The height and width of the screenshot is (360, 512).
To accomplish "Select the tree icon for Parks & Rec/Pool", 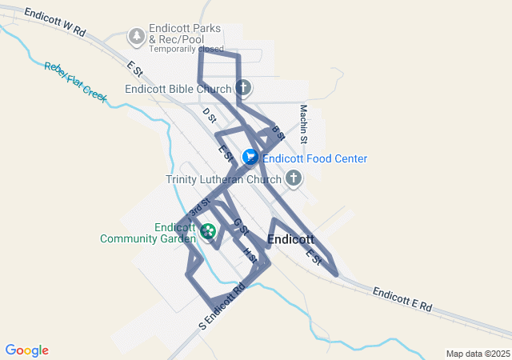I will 137,36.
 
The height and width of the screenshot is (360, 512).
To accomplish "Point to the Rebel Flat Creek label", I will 75,81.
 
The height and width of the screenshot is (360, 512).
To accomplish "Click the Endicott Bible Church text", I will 178,89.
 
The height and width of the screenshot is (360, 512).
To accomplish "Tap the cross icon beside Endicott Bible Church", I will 243,88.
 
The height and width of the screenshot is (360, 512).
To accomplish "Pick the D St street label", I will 210,115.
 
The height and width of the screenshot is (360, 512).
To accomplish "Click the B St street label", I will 278,133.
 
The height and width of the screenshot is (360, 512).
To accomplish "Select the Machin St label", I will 304,124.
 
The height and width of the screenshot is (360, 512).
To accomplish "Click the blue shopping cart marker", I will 250,158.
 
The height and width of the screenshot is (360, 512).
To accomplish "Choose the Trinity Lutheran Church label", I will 224,179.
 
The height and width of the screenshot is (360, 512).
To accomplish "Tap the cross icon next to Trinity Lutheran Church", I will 294,178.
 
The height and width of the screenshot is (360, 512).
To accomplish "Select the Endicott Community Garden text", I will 148,232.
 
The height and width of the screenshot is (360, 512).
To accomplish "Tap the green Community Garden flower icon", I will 209,232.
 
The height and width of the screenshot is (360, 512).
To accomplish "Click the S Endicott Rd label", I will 221,306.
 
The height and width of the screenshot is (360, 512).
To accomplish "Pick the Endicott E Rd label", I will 402,299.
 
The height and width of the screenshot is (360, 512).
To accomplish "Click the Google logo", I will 26,350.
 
